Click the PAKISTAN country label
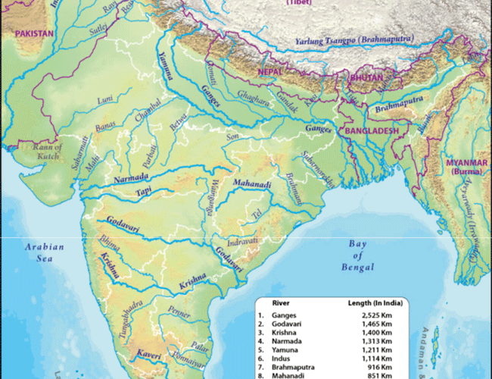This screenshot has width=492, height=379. pyautogui.click(x=34, y=34)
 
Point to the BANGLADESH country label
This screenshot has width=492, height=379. pyautogui.click(x=372, y=130)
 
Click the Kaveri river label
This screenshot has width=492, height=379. pyautogui.click(x=151, y=354)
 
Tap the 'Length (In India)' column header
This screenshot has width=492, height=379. pyautogui.click(x=374, y=302)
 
